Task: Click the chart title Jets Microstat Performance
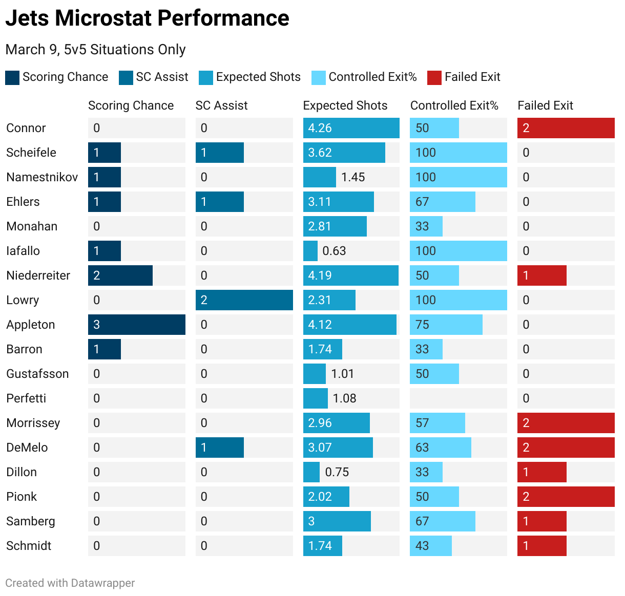coord(147,18)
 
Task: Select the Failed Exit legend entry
coord(472,77)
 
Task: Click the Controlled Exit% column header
coord(454,105)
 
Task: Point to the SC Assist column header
coord(221,105)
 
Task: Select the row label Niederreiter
coord(38,275)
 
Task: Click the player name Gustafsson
coord(37,374)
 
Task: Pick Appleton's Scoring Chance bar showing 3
coord(136,325)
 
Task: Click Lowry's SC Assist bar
coord(244,300)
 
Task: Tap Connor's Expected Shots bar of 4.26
coord(351,128)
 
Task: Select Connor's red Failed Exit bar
coord(566,128)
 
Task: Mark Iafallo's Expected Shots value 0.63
coord(334,251)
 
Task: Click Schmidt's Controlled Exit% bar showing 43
coord(430,546)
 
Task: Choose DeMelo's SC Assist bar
coord(219,448)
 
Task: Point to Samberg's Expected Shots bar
coord(337,521)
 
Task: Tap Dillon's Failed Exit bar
coord(541,472)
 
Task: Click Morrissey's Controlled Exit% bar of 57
coord(437,423)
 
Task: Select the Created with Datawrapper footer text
coord(70,583)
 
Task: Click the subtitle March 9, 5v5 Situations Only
coord(95,50)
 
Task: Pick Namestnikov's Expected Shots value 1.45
coord(353,177)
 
